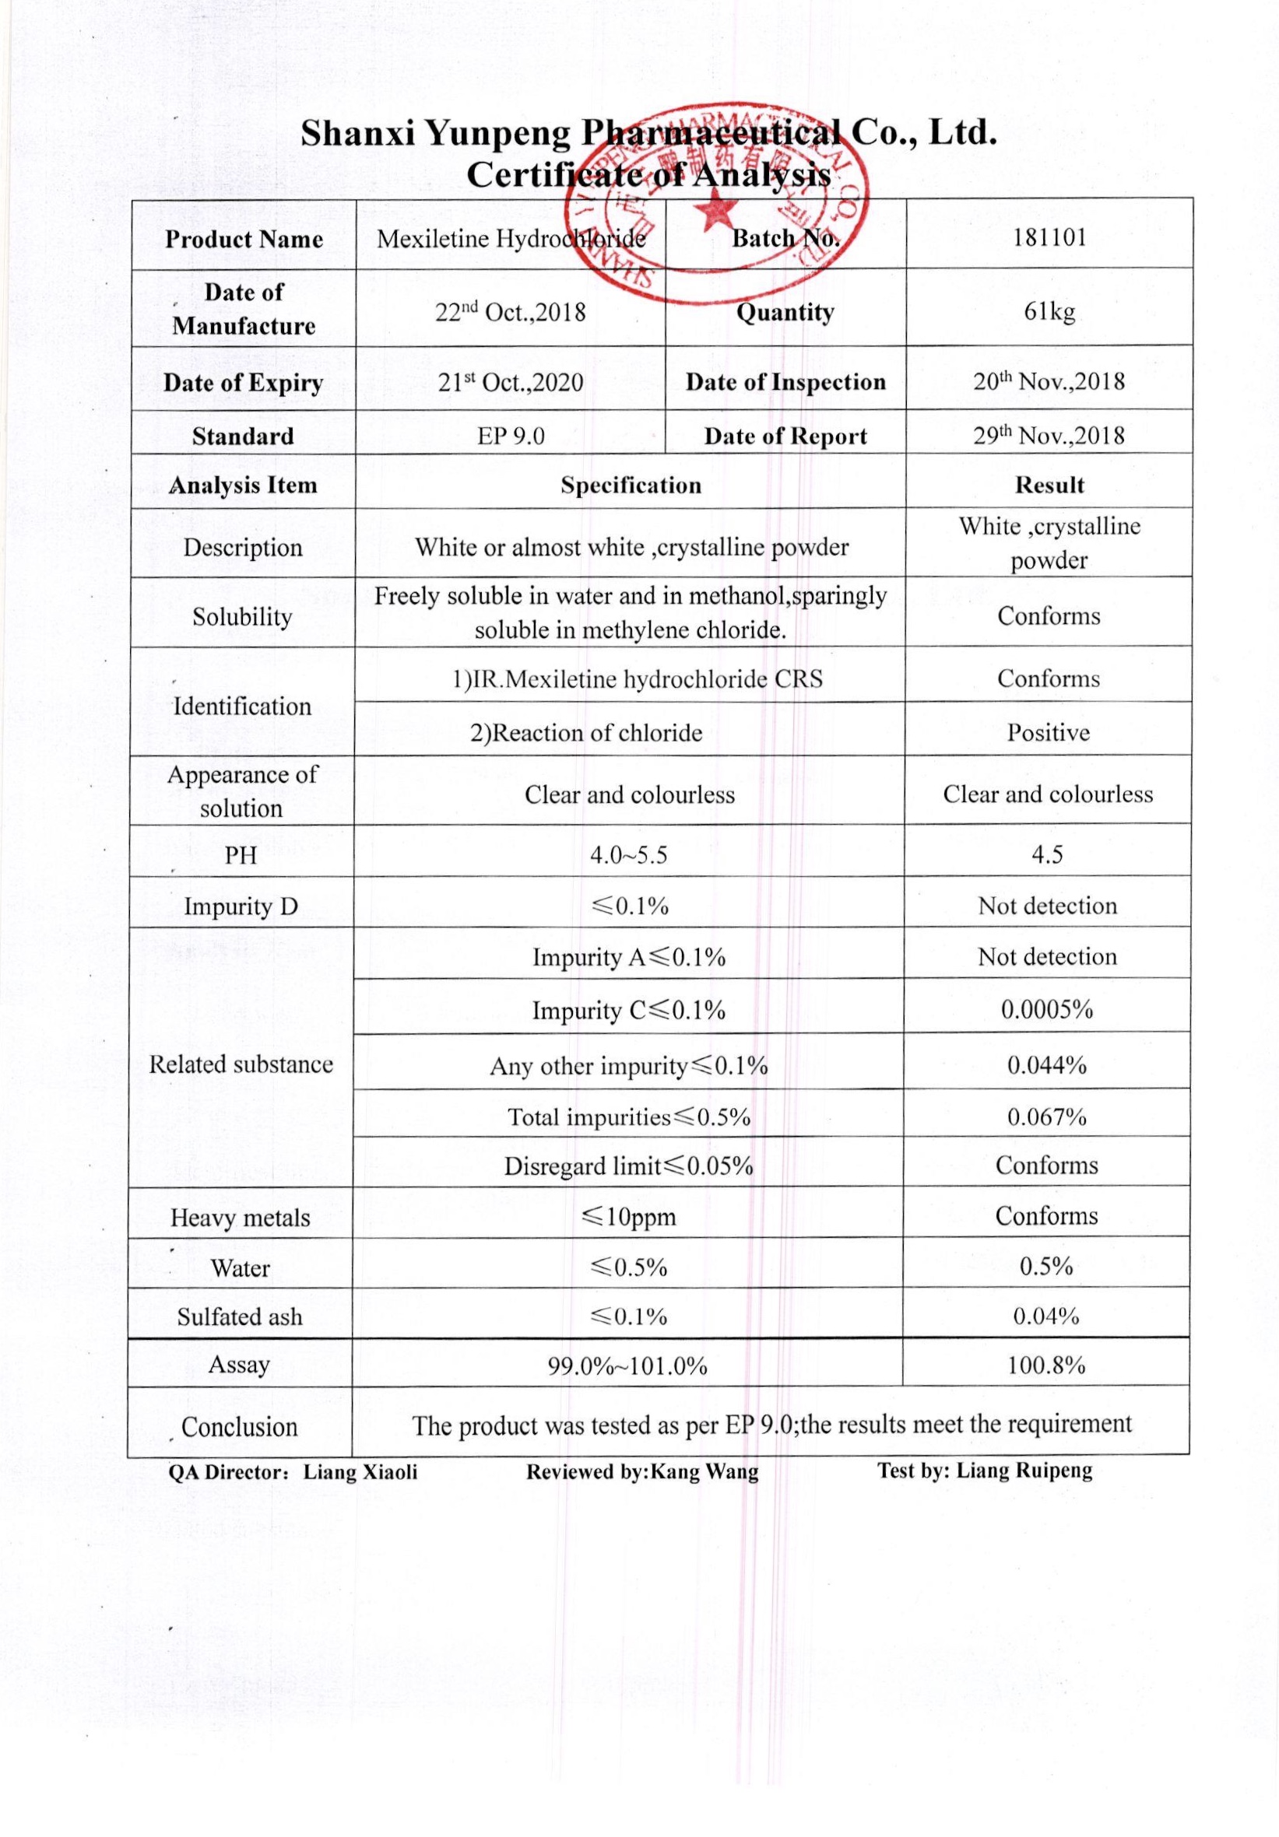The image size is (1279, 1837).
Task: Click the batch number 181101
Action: pos(1049,237)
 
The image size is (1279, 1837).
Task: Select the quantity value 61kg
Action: pos(1049,310)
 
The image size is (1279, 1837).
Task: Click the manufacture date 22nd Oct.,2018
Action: pos(510,310)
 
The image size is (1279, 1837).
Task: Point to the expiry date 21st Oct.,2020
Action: pos(510,382)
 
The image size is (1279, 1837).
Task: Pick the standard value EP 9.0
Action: pos(510,436)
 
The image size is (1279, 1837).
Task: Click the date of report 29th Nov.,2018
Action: pos(1049,434)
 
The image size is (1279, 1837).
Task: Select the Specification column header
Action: pos(630,485)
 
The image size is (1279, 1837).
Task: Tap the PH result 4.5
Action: pos(1047,854)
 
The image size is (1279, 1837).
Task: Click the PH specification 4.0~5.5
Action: pos(628,855)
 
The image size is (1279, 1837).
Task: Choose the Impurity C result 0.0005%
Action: pos(1047,1010)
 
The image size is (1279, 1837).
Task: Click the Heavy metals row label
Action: pos(240,1218)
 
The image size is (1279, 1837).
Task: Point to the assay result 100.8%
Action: pos(1046,1365)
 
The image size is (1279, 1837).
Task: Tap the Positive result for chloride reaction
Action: pos(1048,732)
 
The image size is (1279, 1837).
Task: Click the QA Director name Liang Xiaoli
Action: pos(360,1472)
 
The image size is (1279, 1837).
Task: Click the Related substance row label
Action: pos(241,1064)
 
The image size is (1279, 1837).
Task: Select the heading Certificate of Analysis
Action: pos(648,174)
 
